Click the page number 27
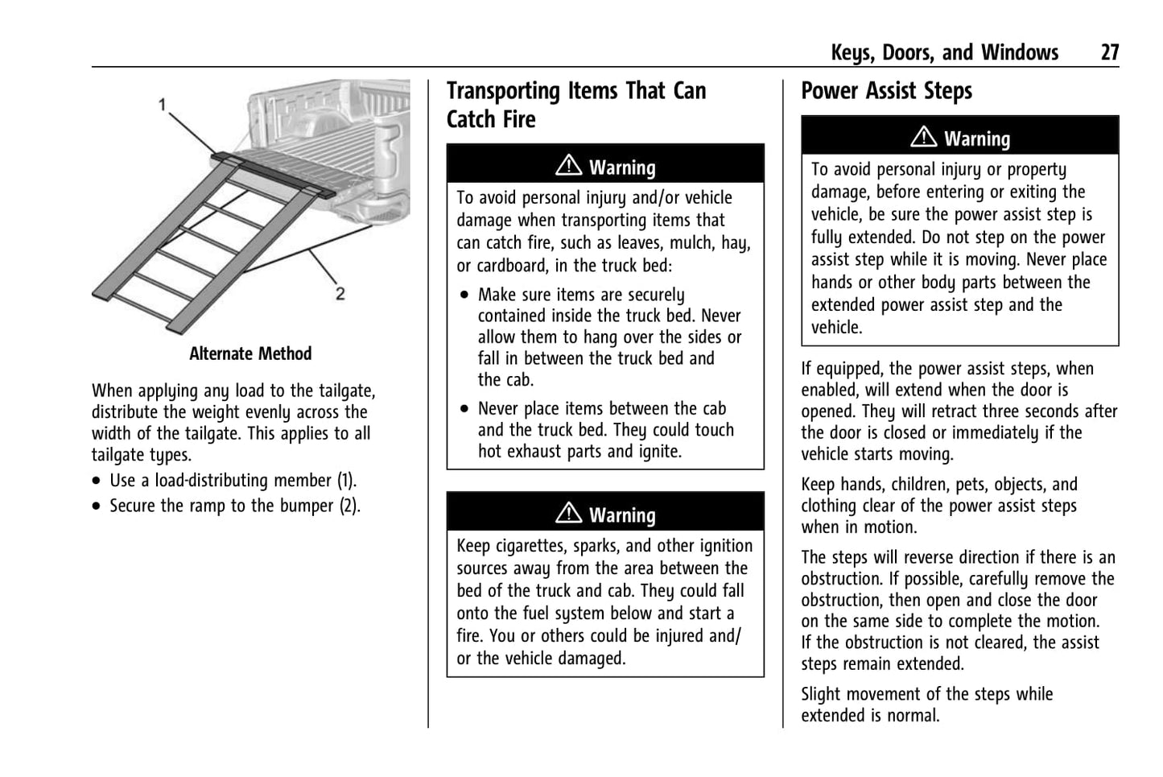[1109, 53]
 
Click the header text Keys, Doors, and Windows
[944, 53]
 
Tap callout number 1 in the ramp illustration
[163, 105]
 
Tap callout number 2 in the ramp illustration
[340, 294]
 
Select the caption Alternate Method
[250, 354]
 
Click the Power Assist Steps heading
[886, 92]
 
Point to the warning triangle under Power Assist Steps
[923, 138]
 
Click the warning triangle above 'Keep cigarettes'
[568, 514]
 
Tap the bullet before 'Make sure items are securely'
[464, 296]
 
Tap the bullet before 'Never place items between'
[464, 409]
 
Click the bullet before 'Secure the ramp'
[97, 506]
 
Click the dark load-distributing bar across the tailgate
[274, 172]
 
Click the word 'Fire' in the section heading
[519, 120]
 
